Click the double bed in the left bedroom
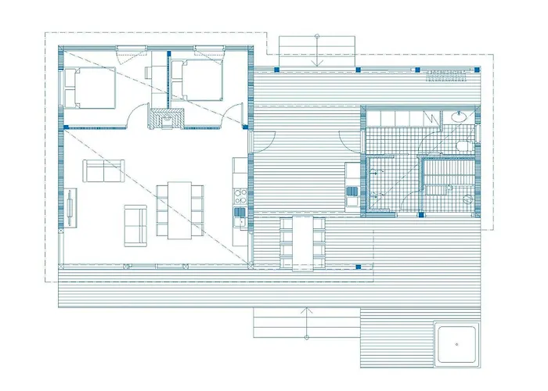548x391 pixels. click(x=90, y=88)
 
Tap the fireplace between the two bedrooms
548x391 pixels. click(x=168, y=117)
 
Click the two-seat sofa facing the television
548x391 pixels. click(x=103, y=171)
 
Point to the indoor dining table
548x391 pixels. click(x=178, y=209)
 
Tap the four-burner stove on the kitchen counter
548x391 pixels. click(x=240, y=195)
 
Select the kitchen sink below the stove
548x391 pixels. click(x=240, y=212)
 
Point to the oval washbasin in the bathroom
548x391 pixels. click(x=458, y=118)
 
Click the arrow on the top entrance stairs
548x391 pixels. click(x=316, y=50)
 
